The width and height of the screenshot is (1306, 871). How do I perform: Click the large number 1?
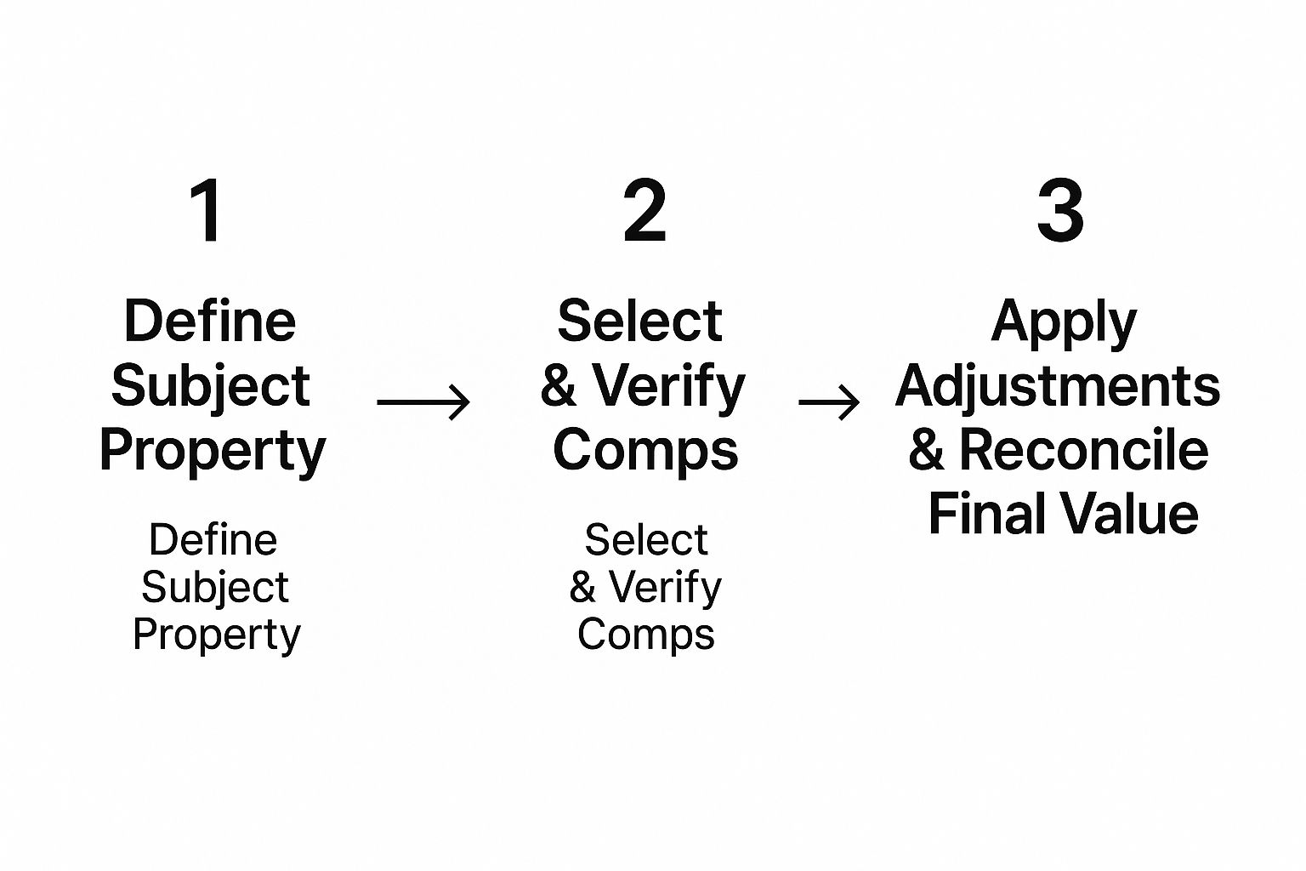pos(207,211)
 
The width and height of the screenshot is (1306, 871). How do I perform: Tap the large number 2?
pos(644,211)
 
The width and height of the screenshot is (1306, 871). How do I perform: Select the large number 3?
pos(1060,211)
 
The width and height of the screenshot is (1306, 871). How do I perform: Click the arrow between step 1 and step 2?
pos(423,402)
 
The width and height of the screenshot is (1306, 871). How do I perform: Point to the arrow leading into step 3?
pos(829,402)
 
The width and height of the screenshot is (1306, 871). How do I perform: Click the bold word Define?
pos(210,322)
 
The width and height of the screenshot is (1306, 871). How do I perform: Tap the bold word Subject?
pos(210,386)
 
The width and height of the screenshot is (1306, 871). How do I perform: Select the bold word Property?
pos(213,452)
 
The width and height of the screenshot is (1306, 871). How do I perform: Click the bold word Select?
pos(639,322)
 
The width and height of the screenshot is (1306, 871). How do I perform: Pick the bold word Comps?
pos(645,452)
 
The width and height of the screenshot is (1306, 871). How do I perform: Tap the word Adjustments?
pos(1058,386)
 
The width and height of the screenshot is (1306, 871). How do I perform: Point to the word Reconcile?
pos(1083,450)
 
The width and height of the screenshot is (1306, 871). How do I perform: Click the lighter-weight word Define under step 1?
pos(213,540)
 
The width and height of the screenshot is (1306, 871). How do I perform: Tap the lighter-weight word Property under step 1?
pos(217,635)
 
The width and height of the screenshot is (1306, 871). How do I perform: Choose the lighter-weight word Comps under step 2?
pos(645,635)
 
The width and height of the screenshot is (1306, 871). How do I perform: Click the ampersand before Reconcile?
pos(926,451)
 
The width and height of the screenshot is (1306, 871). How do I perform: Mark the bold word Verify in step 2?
pos(668,387)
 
